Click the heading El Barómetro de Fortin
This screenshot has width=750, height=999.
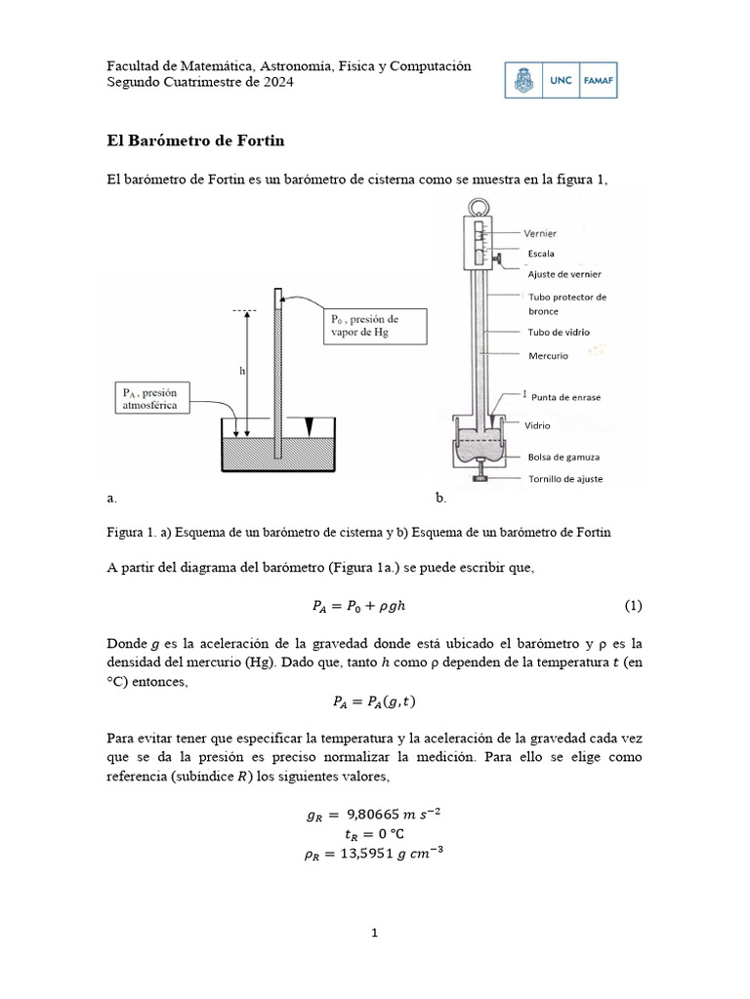point(195,141)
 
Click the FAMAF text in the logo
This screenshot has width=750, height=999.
point(599,81)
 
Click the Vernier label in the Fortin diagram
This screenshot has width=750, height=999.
point(540,234)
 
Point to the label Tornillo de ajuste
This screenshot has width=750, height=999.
point(564,479)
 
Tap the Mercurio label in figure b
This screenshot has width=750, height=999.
point(548,356)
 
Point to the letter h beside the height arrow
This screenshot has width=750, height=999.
point(240,371)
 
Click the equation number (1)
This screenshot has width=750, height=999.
point(634,606)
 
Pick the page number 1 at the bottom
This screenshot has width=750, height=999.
point(374,933)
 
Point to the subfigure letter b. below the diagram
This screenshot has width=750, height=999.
point(440,498)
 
